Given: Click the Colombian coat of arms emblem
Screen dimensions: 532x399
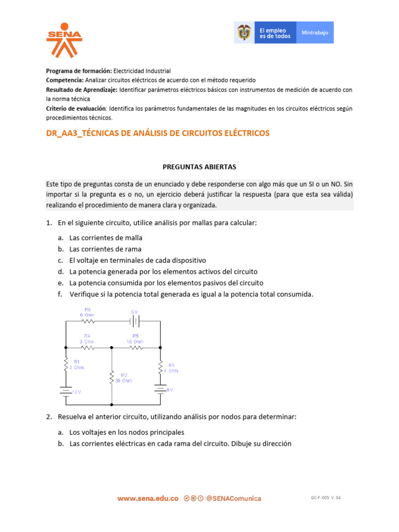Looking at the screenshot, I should pos(243,32).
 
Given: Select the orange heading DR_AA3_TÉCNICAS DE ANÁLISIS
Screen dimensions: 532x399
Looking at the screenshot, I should pos(158,133).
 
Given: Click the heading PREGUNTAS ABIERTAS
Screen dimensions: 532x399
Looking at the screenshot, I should pos(199,167).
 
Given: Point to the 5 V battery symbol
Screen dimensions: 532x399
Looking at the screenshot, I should pos(135,321).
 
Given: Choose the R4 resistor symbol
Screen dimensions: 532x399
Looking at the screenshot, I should pos(87,348).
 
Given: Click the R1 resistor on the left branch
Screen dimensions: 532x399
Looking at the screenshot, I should pos(65,364).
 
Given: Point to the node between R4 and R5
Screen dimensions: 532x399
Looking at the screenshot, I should pos(112,348).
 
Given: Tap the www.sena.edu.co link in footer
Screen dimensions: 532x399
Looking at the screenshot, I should pos(148,498).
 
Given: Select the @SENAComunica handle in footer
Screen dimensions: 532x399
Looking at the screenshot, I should pos(233,498).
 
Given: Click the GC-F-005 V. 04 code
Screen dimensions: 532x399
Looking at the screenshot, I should pos(326,498).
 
